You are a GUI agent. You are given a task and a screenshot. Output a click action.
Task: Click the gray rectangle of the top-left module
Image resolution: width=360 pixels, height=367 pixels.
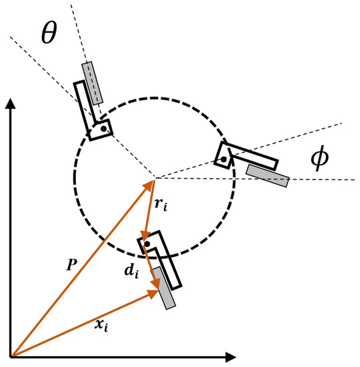[93, 83]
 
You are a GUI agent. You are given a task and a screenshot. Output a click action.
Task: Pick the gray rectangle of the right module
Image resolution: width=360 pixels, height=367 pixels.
[267, 175]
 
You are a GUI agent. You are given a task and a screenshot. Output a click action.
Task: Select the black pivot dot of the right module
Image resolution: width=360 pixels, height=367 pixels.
[223, 159]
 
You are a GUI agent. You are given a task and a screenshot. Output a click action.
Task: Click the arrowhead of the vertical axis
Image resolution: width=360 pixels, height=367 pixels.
[11, 104]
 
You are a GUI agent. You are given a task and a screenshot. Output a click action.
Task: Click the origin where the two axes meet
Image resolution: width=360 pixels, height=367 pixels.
[11, 356]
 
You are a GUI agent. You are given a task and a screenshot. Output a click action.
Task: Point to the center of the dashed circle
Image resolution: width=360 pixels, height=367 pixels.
[154, 178]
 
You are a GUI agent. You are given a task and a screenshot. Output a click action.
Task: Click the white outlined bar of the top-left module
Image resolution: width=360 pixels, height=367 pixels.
[86, 107]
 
